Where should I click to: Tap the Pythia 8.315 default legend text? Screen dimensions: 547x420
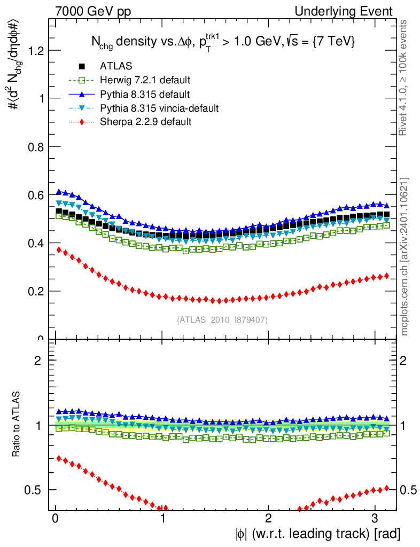pyautogui.click(x=145, y=95)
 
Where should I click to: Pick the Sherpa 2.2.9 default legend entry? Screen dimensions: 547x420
pyautogui.click(x=145, y=122)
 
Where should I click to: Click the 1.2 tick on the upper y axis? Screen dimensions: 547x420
pyautogui.click(x=36, y=51)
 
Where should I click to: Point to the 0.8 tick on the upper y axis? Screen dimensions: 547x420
pyautogui.click(x=36, y=147)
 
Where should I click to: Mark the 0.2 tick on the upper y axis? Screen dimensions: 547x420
pyautogui.click(x=36, y=291)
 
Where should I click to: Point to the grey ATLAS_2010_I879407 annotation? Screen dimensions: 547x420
pyautogui.click(x=222, y=320)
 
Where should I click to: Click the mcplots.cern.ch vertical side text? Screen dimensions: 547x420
pyautogui.click(x=405, y=256)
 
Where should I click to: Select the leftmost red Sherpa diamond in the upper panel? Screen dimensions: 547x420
pyautogui.click(x=59, y=250)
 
